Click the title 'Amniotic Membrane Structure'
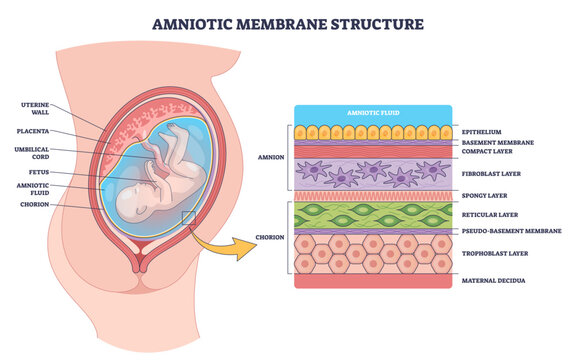pos(287,22)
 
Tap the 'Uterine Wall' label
pos(37,107)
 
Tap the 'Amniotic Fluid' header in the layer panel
pos(371,114)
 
